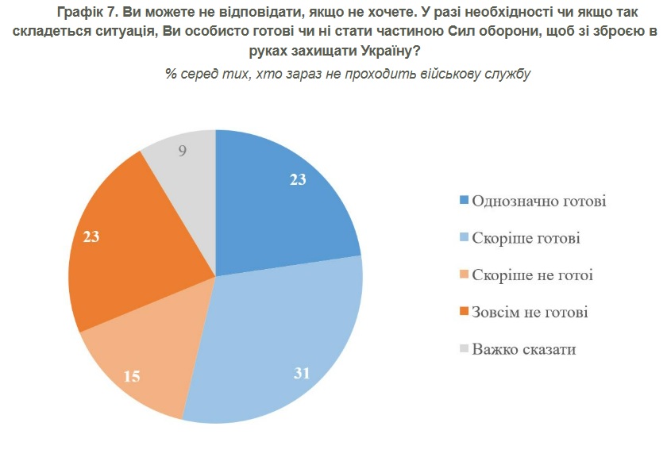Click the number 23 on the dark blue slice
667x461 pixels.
point(298,179)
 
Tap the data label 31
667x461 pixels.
point(301,372)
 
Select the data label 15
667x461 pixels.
point(132,376)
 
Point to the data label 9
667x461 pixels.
point(183,150)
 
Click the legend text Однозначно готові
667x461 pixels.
point(539,201)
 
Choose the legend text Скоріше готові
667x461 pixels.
point(526,238)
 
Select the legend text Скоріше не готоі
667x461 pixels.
point(532,275)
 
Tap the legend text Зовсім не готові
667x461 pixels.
point(530,312)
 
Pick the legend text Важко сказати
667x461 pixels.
point(523,349)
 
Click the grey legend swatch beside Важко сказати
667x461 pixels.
point(464,349)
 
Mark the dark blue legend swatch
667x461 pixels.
point(464,201)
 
